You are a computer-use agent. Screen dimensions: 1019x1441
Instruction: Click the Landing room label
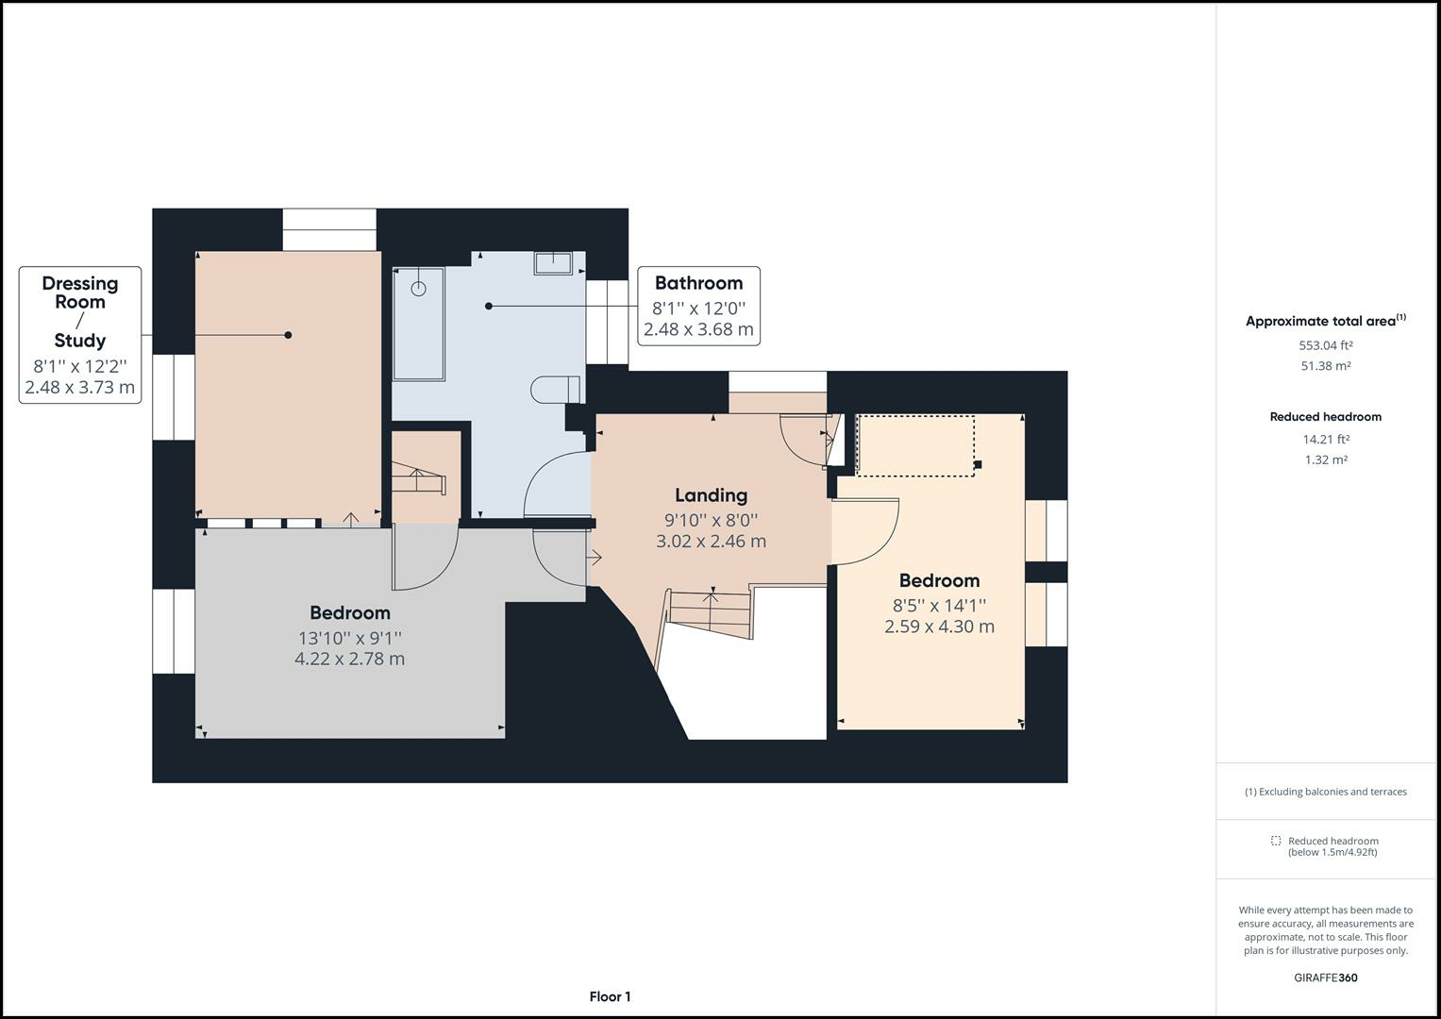tap(711, 495)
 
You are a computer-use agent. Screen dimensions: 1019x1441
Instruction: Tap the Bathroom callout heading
tap(698, 283)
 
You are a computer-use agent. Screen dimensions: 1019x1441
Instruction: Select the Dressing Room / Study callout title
tap(80, 311)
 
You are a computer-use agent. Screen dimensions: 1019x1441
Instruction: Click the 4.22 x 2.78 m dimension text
tap(349, 659)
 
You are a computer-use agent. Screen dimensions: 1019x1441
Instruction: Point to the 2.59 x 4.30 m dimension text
tap(939, 626)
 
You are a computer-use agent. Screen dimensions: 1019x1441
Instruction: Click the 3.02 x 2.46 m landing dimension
tap(711, 542)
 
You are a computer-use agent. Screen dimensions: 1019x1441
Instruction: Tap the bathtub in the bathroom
tap(418, 324)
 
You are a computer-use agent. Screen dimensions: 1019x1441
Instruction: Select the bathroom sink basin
tap(553, 262)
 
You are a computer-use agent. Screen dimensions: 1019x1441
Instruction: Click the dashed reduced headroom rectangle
tap(915, 445)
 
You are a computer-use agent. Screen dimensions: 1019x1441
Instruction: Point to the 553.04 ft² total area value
tap(1325, 345)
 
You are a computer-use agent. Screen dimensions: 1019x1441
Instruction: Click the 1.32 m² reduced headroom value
tap(1325, 460)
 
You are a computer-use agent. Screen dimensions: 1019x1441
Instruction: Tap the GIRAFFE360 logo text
tap(1325, 977)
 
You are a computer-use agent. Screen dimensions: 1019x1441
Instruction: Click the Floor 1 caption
tap(610, 996)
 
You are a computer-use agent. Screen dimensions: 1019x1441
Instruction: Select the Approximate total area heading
tap(1325, 321)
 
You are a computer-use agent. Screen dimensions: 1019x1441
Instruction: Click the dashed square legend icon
tap(1276, 841)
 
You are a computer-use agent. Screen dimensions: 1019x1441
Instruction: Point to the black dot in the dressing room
tap(288, 335)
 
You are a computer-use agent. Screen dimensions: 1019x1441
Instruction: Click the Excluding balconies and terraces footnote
tap(1325, 792)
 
